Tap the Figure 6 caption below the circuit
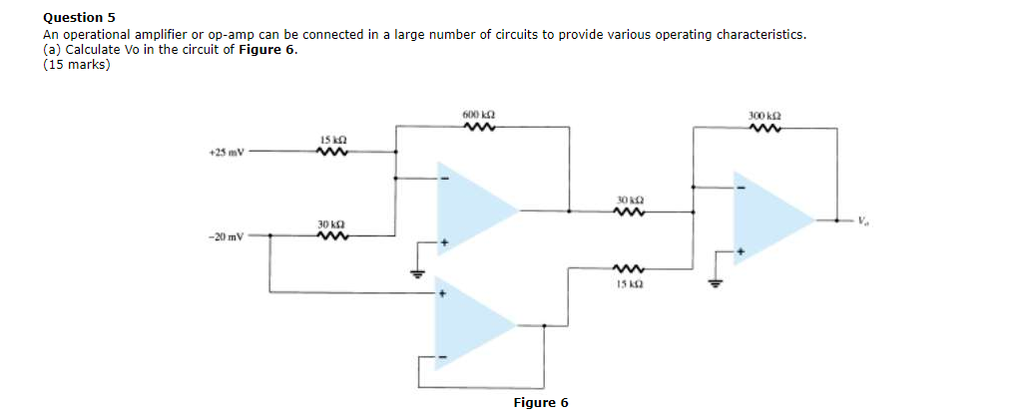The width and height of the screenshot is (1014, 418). [x=540, y=402]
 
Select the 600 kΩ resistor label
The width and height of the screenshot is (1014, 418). [x=478, y=116]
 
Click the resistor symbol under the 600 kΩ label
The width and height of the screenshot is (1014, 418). [x=478, y=128]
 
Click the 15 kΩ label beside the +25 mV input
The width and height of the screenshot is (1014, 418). [x=331, y=140]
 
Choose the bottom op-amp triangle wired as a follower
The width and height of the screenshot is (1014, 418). [x=472, y=325]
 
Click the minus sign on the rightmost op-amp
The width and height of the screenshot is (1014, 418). [x=741, y=185]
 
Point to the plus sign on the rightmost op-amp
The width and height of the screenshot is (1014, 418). [x=741, y=253]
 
